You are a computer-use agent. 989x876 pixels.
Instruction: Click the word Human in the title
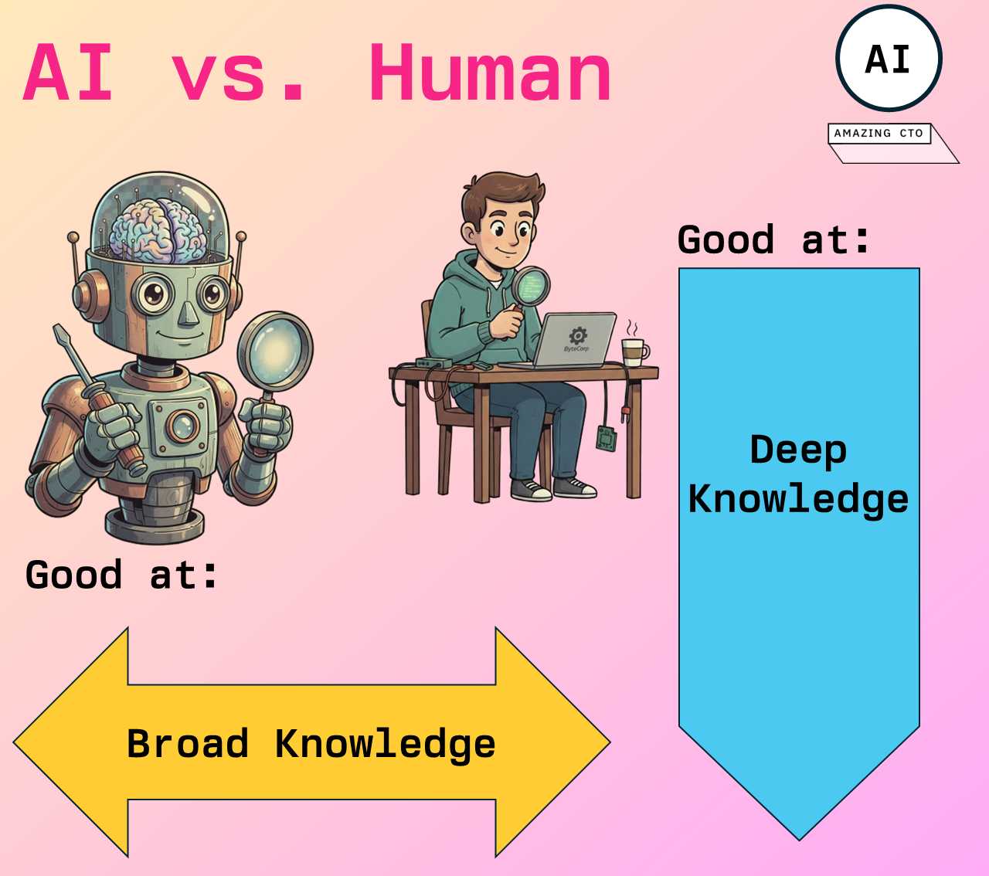point(490,73)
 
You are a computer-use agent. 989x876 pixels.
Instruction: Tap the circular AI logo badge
point(889,59)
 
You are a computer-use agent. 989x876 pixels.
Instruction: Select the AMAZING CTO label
point(879,134)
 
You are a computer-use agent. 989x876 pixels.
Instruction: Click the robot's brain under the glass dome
point(161,229)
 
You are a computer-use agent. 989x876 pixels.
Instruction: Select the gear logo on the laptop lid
point(578,336)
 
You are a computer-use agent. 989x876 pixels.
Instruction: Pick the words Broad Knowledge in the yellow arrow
point(311,744)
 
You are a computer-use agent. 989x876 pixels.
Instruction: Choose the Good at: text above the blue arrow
point(773,239)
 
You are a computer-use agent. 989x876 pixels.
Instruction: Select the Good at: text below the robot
point(121,575)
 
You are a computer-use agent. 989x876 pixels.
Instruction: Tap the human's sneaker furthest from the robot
point(576,487)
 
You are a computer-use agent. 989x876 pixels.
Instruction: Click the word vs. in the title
point(240,73)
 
